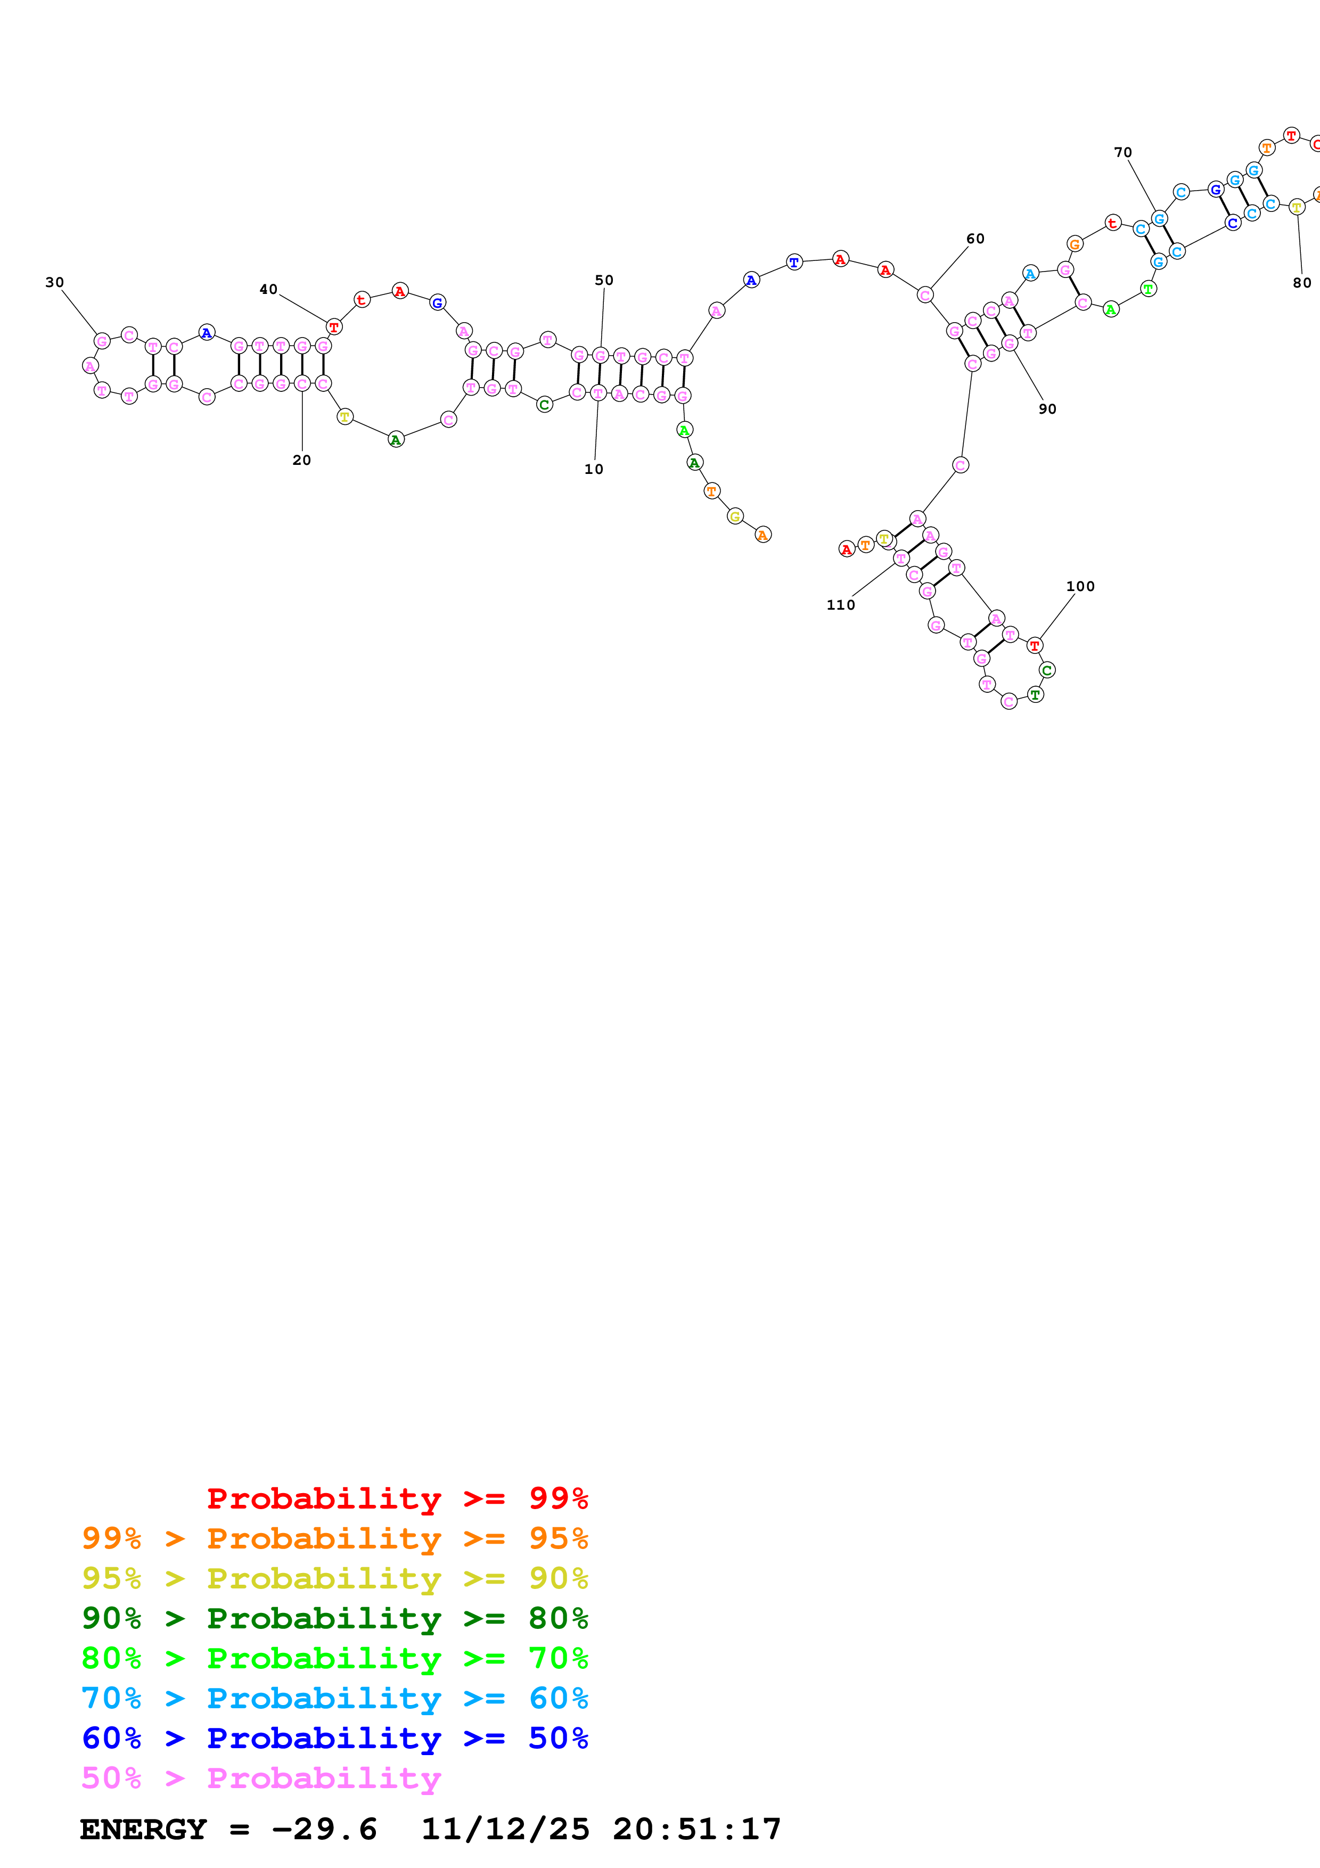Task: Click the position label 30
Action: [54, 282]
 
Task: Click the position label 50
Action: [603, 280]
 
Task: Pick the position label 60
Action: [975, 239]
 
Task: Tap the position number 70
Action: [1122, 152]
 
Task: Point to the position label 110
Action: [841, 604]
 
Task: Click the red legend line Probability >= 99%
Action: [397, 1498]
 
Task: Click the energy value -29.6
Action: [324, 1829]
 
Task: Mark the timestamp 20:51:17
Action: [697, 1829]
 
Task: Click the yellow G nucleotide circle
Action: [735, 516]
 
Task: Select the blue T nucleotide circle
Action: [794, 262]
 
